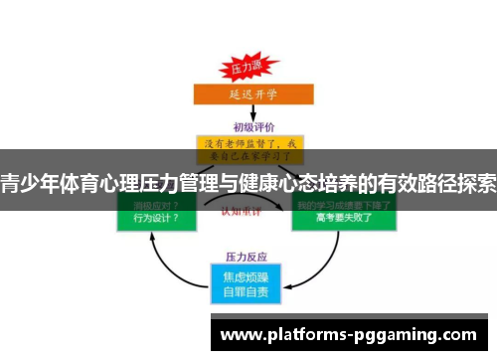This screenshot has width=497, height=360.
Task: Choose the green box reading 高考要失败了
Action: (x=343, y=216)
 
